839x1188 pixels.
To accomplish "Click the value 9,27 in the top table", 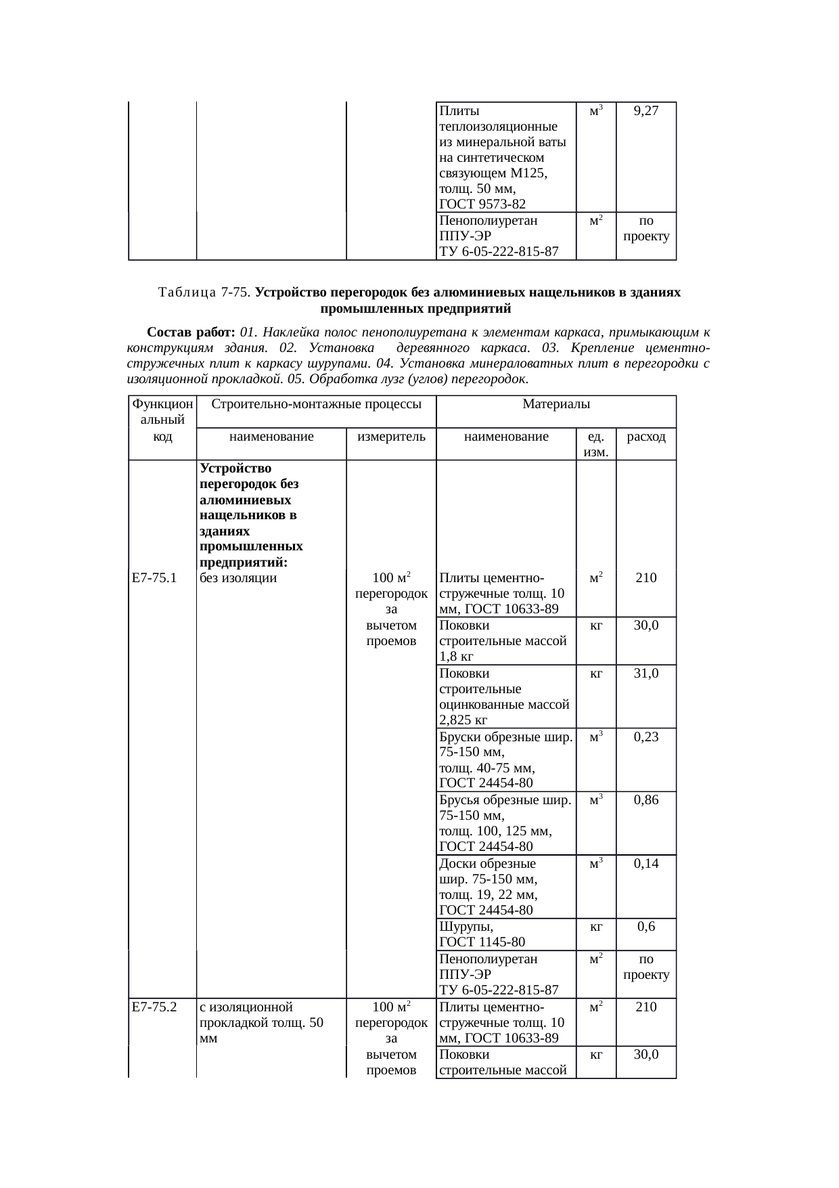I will point(646,111).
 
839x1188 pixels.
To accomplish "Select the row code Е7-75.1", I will point(154,578).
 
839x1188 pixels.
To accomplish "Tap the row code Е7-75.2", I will point(154,1007).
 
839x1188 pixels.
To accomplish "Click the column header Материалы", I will point(556,404).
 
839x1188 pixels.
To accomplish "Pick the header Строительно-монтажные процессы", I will point(317,404).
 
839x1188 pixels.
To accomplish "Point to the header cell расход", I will point(646,437).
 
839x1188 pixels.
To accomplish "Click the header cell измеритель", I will point(391,437).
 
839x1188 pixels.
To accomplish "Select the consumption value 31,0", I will point(646,674).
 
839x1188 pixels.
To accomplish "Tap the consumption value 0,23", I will point(646,737).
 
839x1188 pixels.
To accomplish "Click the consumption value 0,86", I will point(646,800).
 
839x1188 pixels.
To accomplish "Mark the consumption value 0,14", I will point(646,864).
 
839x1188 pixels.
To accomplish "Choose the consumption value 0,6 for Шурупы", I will point(646,927).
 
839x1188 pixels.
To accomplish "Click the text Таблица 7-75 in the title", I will point(204,292).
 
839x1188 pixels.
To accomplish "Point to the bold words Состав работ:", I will point(191,332).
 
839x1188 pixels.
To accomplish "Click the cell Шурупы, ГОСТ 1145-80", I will point(482,934).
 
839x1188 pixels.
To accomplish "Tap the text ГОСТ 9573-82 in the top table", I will point(482,204).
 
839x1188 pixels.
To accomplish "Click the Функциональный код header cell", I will point(162,420).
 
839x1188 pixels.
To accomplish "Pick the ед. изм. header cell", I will point(596,443).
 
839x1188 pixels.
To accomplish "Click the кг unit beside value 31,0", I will point(596,674).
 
